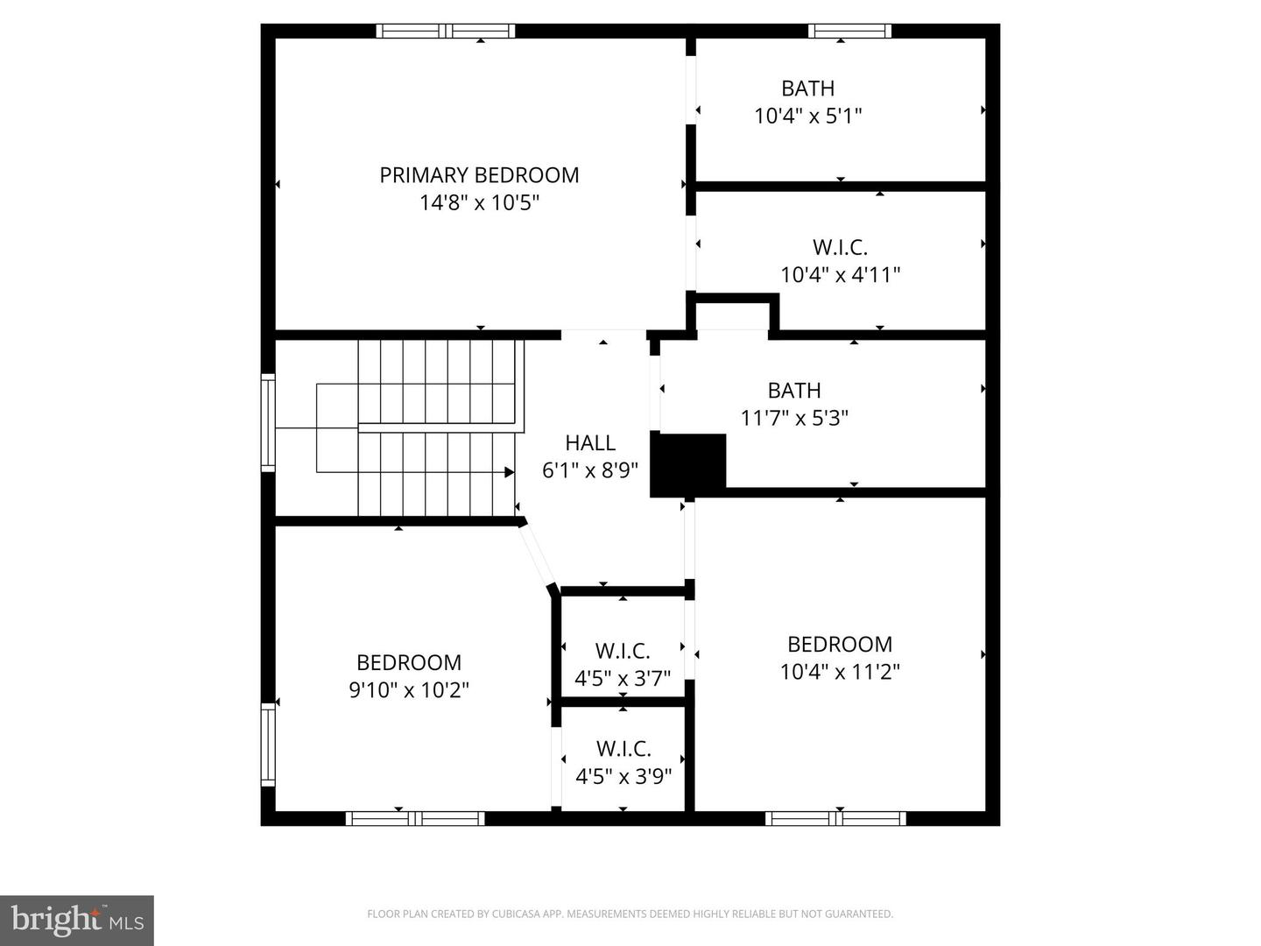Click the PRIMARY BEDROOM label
[479, 175]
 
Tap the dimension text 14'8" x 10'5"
[479, 202]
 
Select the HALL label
[590, 443]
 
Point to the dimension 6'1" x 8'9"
[590, 470]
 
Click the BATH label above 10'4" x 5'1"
[807, 88]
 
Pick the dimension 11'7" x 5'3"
[794, 418]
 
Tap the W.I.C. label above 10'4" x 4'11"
[840, 248]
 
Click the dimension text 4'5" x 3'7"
[623, 679]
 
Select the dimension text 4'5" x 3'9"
[623, 777]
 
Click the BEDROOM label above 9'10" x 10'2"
[409, 662]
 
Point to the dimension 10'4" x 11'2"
[840, 672]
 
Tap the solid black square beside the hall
[687, 465]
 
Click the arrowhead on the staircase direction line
[510, 472]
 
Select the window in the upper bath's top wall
[849, 31]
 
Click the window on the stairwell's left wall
[268, 422]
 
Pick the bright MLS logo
[77, 921]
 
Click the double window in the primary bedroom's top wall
[446, 31]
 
